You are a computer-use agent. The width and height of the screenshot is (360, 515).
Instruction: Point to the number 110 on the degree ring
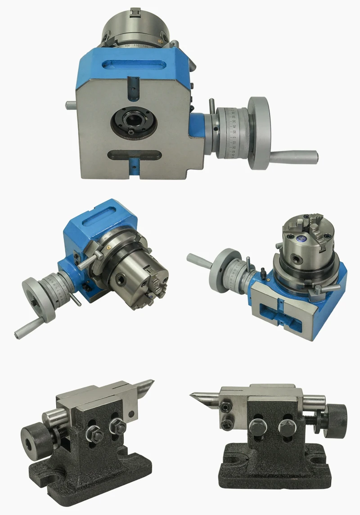(136, 46)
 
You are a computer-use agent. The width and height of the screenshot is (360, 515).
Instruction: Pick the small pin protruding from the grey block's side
(71, 105)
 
